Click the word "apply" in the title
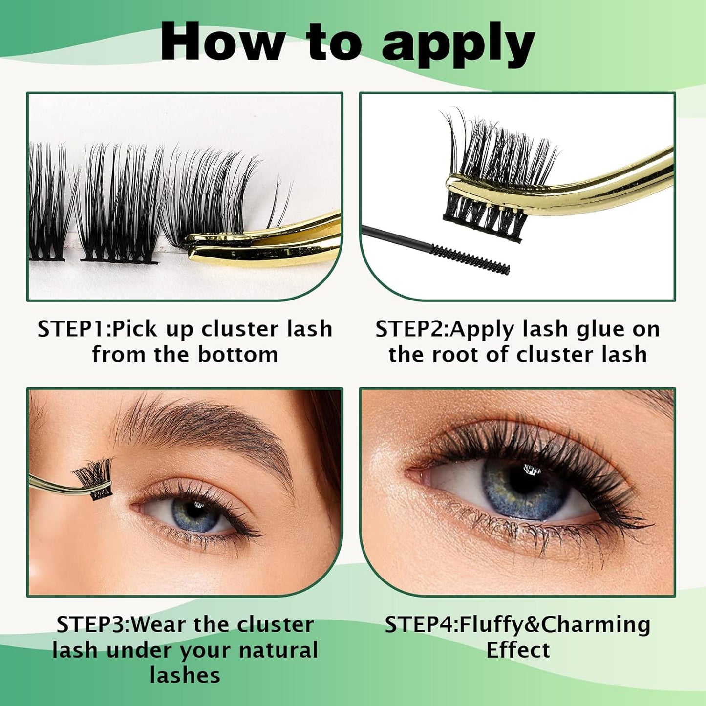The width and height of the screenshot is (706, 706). [458, 45]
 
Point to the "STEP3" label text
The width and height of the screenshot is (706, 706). [92, 624]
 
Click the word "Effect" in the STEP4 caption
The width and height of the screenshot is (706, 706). [518, 650]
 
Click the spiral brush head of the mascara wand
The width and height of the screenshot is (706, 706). [470, 259]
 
